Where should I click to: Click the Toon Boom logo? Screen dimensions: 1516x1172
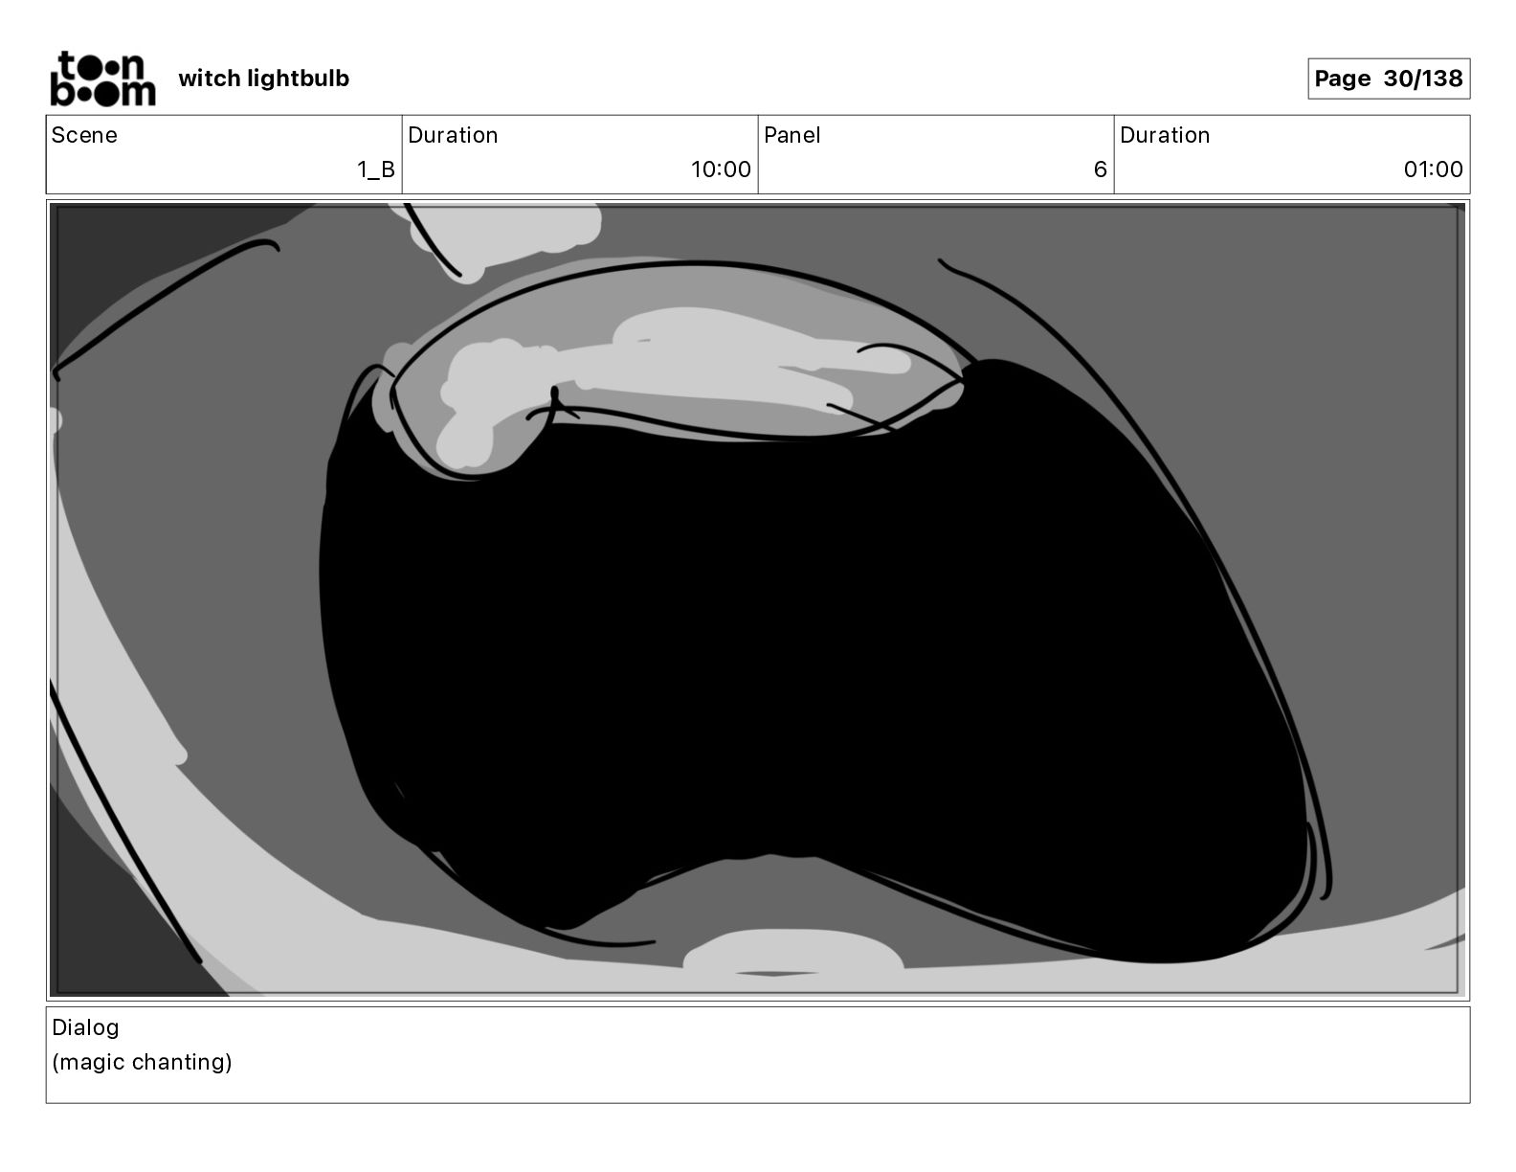(103, 79)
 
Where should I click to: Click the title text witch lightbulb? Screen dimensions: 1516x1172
(264, 79)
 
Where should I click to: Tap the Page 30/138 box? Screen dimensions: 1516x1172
(1389, 79)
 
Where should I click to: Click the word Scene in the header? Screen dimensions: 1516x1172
(84, 135)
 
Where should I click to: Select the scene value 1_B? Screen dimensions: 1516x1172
(376, 169)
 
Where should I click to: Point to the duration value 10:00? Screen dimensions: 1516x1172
(721, 169)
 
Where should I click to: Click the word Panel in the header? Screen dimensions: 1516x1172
(791, 135)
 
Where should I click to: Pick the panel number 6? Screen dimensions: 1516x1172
(1101, 169)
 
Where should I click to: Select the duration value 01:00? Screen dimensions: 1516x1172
(1433, 169)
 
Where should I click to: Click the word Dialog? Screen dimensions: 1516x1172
(85, 1028)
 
